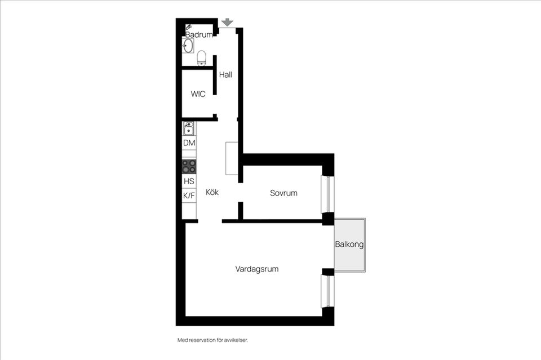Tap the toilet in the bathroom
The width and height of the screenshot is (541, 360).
point(201,57)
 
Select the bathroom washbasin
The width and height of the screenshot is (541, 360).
point(188,46)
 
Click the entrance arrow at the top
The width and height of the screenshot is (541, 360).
point(227,22)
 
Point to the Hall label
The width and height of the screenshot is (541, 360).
point(225,74)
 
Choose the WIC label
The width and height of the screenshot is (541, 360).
point(198,94)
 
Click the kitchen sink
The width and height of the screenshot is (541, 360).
point(189,129)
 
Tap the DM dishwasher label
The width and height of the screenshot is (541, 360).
point(189,143)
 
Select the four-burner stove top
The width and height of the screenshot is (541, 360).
point(189,166)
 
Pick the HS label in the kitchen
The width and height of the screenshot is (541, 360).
point(189,181)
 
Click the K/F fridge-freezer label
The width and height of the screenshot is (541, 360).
point(189,195)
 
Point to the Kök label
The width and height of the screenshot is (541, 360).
point(212,192)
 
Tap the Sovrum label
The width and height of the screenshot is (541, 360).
point(283,193)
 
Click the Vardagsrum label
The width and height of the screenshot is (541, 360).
point(257,269)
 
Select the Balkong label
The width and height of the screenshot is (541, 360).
point(349,245)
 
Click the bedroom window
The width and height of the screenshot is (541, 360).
point(325,195)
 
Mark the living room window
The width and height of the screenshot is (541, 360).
point(325,291)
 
